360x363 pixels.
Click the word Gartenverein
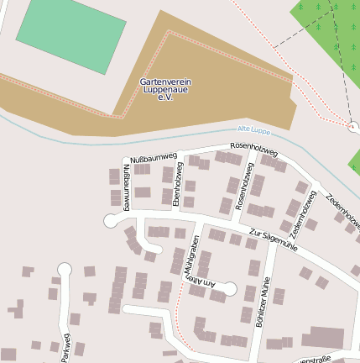[164, 82]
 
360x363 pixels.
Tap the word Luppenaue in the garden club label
[164, 90]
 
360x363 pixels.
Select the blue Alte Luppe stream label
[255, 129]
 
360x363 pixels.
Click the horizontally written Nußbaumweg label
[154, 157]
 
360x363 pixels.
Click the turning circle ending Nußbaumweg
[109, 221]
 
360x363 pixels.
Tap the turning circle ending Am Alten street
[229, 289]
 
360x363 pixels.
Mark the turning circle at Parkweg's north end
[64, 269]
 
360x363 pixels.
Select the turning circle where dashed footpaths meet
[353, 127]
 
